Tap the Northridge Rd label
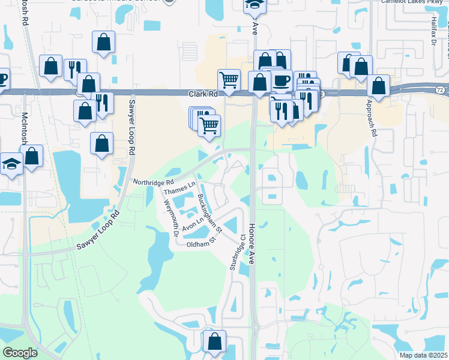[x=153, y=181]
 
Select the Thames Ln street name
[x=180, y=190]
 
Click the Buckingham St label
[x=209, y=214]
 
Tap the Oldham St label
[x=200, y=244]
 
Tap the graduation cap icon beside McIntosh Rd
[x=11, y=164]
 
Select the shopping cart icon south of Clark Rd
[x=209, y=125]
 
